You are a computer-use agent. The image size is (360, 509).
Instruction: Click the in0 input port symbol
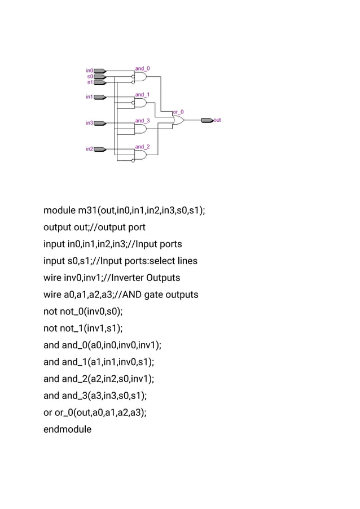tap(100, 71)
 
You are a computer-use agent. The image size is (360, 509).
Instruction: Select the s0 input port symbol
tap(100, 77)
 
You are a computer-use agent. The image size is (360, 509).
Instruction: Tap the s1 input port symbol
tap(100, 82)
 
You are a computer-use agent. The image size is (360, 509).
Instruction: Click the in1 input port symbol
tap(100, 97)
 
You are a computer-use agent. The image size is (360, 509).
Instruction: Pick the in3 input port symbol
tap(100, 123)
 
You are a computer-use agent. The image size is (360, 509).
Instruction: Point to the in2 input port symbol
tap(100, 150)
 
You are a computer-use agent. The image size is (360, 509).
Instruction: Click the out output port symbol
tap(207, 120)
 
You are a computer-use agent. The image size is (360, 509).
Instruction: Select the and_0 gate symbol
tap(141, 77)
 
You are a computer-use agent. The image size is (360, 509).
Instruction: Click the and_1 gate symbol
tap(141, 103)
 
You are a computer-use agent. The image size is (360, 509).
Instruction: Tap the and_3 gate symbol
tap(141, 129)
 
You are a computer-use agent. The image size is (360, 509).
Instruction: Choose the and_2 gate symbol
tap(141, 155)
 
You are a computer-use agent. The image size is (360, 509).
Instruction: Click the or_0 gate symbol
tap(178, 120)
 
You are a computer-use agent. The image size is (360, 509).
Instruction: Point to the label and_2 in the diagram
tap(142, 147)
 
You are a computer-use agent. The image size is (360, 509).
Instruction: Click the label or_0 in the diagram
tap(178, 112)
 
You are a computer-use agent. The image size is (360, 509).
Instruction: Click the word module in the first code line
tap(59, 211)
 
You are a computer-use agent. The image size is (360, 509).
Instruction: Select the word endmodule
tap(67, 429)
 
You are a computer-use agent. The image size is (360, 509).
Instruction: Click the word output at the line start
tap(57, 227)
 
